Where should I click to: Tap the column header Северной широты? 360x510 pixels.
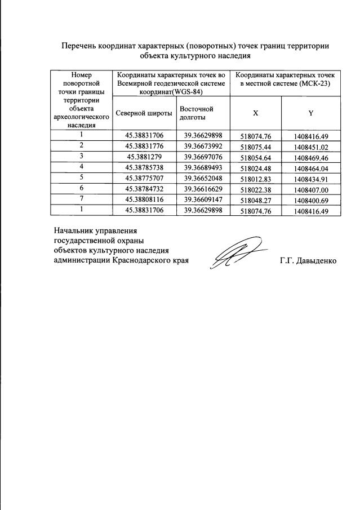pos(144,113)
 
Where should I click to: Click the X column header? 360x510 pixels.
pos(256,113)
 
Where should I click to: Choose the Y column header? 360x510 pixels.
pos(310,113)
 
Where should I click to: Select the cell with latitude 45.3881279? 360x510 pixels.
pos(144,156)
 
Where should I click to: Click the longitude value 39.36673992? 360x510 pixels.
pos(203,146)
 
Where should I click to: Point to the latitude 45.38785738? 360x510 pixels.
pos(144,167)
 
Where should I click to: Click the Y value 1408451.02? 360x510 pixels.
pos(310,147)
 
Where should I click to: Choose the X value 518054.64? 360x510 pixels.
pos(256,157)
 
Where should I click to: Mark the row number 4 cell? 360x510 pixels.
pos(82,167)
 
